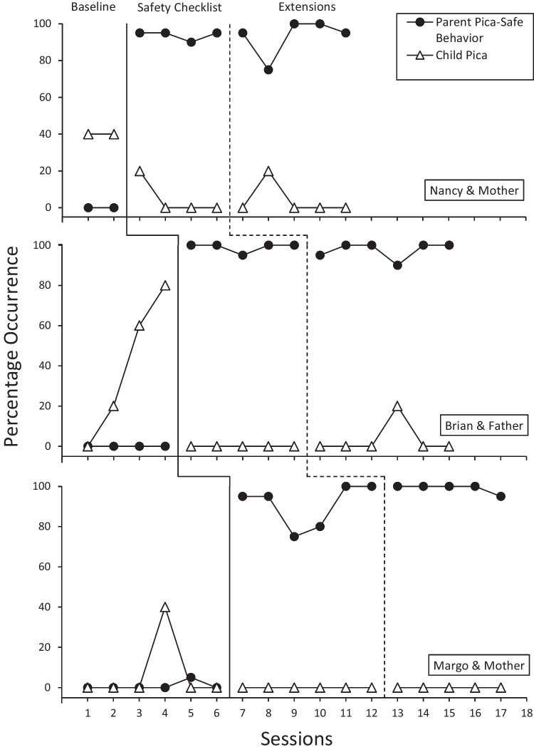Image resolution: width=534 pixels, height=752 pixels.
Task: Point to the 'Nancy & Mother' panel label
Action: click(473, 191)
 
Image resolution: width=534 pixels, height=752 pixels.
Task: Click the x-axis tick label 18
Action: click(526, 711)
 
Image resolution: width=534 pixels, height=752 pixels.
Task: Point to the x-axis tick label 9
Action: click(294, 711)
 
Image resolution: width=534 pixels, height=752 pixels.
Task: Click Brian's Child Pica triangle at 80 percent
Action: click(165, 285)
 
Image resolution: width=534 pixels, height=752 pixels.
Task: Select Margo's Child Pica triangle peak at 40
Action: click(165, 607)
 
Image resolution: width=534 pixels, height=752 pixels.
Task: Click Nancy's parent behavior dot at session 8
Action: click(268, 70)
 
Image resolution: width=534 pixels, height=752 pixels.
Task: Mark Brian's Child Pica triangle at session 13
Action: click(397, 406)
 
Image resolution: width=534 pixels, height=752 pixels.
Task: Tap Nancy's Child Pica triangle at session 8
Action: click(268, 171)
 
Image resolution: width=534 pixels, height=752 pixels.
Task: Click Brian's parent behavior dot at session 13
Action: click(397, 265)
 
